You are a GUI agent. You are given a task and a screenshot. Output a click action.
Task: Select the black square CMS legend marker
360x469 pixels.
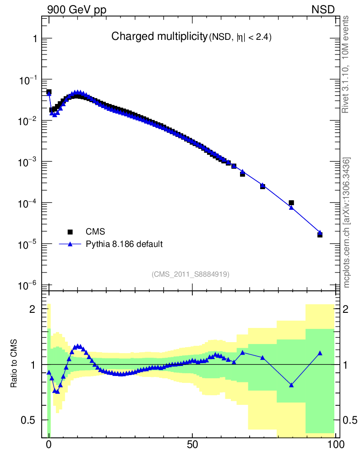(70, 232)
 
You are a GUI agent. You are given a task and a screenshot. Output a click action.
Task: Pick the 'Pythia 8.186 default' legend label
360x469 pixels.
(124, 244)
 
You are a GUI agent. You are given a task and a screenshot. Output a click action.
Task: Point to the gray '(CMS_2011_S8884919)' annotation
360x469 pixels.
(191, 274)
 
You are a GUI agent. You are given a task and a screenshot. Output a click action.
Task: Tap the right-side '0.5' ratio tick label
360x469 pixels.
(350, 420)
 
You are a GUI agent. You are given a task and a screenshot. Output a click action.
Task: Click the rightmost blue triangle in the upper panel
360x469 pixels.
(320, 233)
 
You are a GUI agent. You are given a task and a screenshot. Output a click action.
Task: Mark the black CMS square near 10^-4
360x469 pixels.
(291, 203)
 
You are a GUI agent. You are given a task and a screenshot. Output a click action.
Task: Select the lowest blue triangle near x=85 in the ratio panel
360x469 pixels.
(291, 385)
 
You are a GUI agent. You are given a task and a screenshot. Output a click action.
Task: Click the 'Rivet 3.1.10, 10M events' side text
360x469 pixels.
(346, 64)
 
